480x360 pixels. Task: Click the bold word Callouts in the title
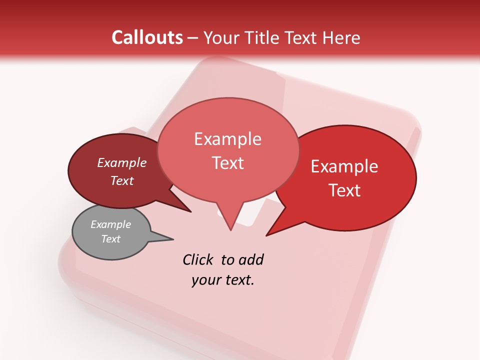pyautogui.click(x=147, y=37)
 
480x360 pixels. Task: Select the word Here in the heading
pyautogui.click(x=340, y=37)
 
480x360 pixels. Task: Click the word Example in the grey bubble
pyautogui.click(x=110, y=224)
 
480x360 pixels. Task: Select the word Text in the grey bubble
pyautogui.click(x=110, y=239)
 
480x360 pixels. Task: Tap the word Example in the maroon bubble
pyautogui.click(x=121, y=162)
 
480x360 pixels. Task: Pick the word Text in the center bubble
pyautogui.click(x=228, y=163)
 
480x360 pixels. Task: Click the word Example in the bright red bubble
pyautogui.click(x=344, y=166)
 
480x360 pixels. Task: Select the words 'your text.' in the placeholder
pyautogui.click(x=223, y=280)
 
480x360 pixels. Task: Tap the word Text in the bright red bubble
pyautogui.click(x=344, y=190)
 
